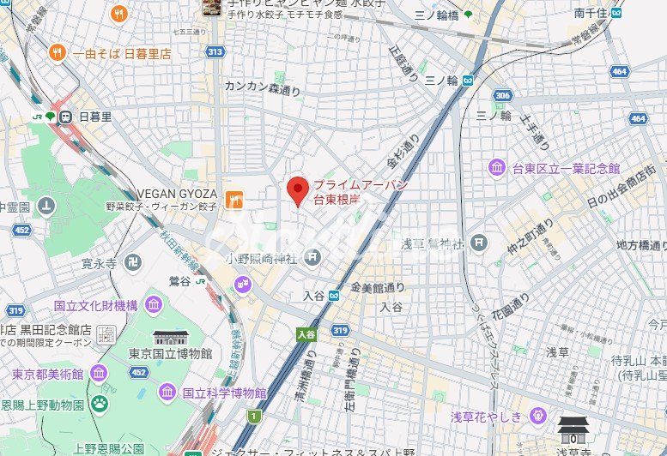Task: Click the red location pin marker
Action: point(297,190)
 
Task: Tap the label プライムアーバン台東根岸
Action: point(347,192)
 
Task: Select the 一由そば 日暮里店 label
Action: point(121,53)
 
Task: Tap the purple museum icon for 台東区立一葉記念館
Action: point(497,167)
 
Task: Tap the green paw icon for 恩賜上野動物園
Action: point(100,401)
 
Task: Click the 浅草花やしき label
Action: point(489,417)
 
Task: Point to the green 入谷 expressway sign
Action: point(306,334)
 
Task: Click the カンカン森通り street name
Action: point(263,87)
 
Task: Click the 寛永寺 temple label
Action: point(99,264)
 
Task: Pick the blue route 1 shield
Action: point(253,417)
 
